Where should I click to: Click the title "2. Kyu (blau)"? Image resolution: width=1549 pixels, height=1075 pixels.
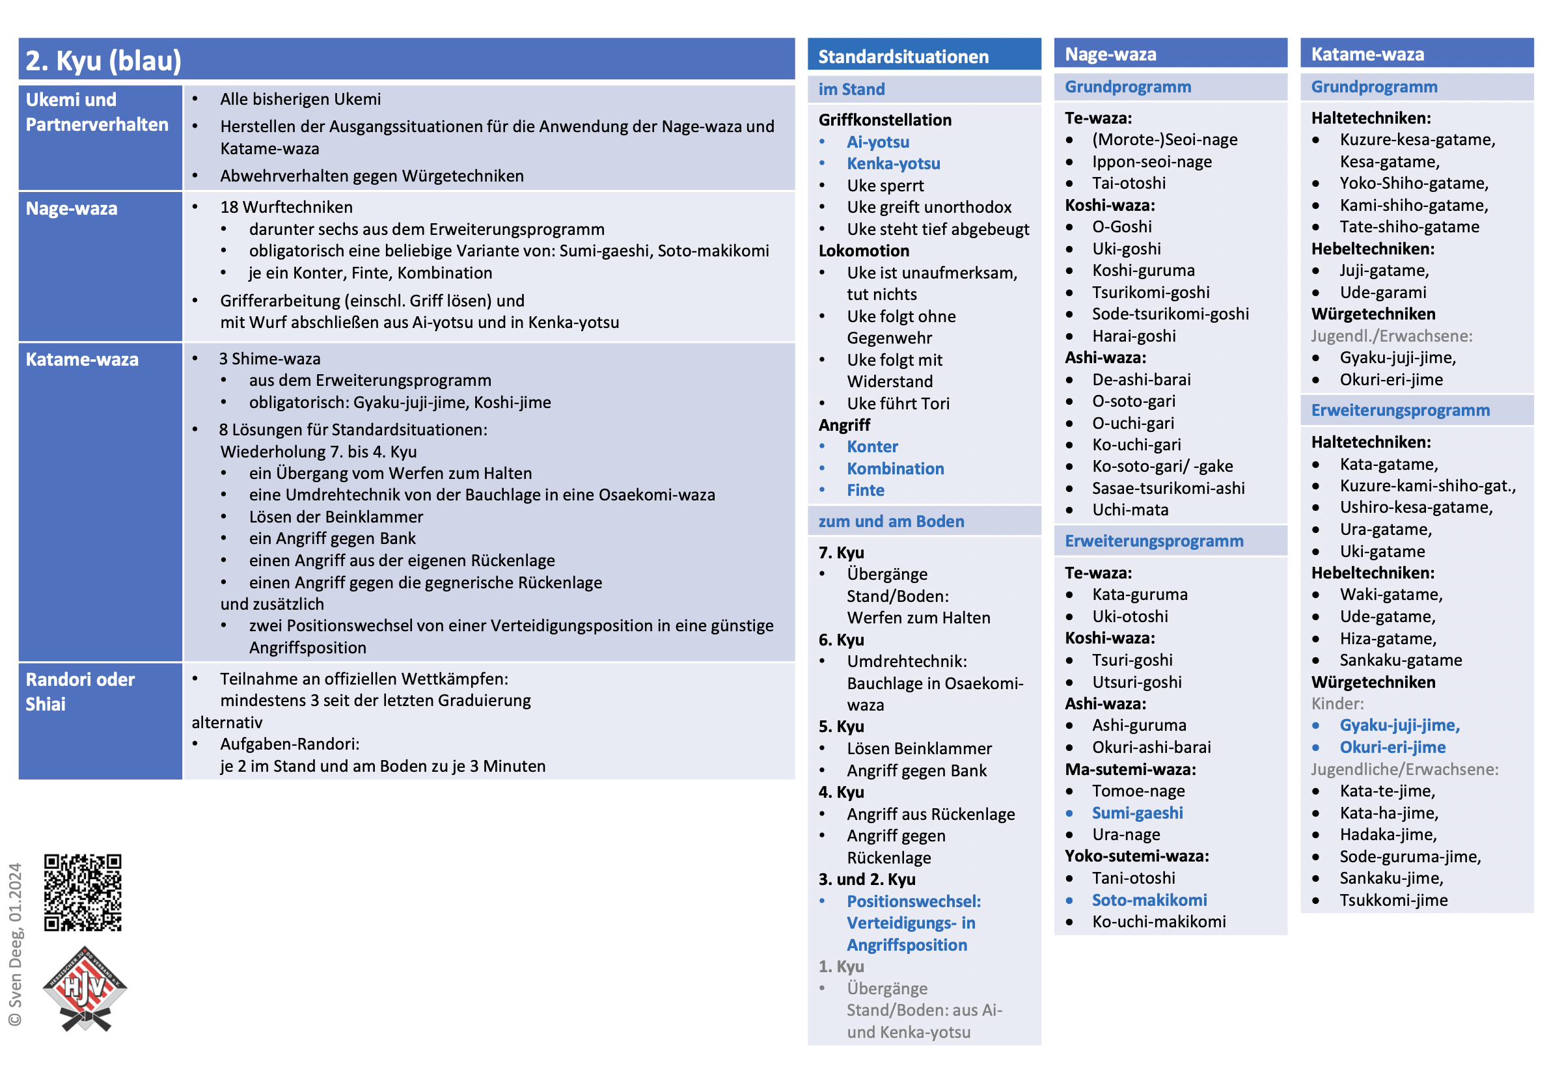(x=103, y=61)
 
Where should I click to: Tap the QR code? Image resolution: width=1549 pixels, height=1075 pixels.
(x=82, y=891)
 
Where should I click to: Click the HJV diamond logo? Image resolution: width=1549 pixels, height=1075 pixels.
(x=85, y=989)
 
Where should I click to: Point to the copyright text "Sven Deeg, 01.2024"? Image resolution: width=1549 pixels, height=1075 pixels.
(x=15, y=943)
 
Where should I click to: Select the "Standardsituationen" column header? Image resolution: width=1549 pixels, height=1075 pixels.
(x=903, y=57)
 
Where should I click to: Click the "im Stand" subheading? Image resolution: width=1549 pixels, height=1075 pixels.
(x=851, y=89)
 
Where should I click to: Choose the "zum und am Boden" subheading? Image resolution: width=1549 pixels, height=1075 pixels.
(x=890, y=521)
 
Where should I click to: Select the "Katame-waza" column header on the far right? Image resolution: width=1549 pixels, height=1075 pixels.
(x=1367, y=54)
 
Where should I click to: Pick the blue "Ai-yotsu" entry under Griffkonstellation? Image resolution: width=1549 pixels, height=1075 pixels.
(x=877, y=142)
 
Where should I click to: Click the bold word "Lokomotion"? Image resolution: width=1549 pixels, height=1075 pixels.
(x=864, y=251)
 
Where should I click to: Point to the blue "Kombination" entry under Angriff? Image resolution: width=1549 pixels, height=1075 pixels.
(x=895, y=468)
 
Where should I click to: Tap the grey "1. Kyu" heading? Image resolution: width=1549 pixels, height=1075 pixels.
(x=841, y=966)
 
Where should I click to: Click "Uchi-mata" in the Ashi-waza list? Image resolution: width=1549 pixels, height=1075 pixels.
(x=1130, y=510)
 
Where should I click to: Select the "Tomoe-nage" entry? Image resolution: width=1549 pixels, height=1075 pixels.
(x=1138, y=791)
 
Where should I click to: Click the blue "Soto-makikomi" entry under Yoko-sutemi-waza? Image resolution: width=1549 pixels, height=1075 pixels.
(x=1149, y=900)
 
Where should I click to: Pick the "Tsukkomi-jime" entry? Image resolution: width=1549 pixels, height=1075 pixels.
(x=1393, y=900)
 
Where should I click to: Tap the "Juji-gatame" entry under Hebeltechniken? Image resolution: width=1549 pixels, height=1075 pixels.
(x=1383, y=271)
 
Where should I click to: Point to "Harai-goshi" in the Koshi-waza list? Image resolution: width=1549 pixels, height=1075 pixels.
(x=1134, y=335)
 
